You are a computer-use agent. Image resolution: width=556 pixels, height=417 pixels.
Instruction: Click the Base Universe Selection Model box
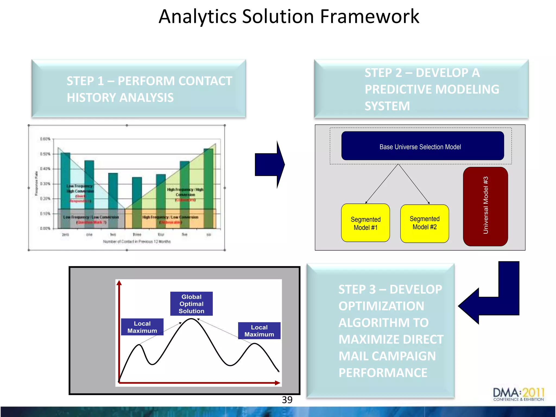[422, 146]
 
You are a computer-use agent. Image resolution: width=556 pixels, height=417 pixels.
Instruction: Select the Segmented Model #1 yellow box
[365, 223]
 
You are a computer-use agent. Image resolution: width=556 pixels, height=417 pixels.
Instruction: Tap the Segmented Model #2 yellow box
[424, 223]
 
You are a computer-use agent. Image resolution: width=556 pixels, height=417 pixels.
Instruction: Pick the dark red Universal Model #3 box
[485, 206]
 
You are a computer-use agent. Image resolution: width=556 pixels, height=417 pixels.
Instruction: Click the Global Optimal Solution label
[191, 304]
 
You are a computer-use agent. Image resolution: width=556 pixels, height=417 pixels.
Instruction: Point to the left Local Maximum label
[142, 327]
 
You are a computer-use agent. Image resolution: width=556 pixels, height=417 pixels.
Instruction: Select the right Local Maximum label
[259, 331]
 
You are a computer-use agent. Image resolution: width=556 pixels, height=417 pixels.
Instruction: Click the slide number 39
[287, 400]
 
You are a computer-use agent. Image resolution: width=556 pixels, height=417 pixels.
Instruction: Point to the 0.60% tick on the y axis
[45, 139]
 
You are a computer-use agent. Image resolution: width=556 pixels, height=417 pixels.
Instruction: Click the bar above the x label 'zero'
[65, 190]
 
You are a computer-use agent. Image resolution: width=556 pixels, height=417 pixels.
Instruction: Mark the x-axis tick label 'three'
[137, 235]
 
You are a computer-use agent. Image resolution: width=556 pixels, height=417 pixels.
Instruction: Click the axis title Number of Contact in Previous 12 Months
[137, 242]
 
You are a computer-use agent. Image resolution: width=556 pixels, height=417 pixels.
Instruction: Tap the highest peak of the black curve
[191, 319]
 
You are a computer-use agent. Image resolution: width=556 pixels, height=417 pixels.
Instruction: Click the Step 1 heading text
[149, 89]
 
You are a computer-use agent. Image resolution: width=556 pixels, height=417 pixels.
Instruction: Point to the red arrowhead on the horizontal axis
[277, 383]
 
